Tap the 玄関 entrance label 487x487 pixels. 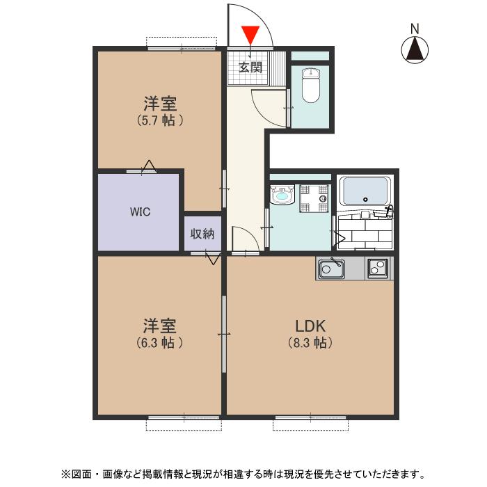pyautogui.click(x=250, y=67)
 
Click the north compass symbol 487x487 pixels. pyautogui.click(x=415, y=49)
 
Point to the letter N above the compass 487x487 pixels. pyautogui.click(x=415, y=29)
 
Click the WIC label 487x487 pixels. pyautogui.click(x=140, y=211)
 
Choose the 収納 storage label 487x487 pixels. pyautogui.click(x=202, y=234)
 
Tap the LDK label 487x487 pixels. pyautogui.click(x=310, y=326)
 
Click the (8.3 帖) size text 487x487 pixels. pyautogui.click(x=310, y=343)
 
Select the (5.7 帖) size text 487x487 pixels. pyautogui.click(x=159, y=120)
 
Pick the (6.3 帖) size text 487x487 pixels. pyautogui.click(x=159, y=343)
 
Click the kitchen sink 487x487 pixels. pyautogui.click(x=331, y=269)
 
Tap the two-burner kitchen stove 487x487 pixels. pyautogui.click(x=378, y=268)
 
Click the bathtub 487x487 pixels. pyautogui.click(x=365, y=191)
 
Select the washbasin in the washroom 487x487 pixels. pyautogui.click(x=282, y=195)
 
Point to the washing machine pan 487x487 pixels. pyautogui.click(x=314, y=198)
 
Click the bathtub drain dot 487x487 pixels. pyautogui.click(x=365, y=200)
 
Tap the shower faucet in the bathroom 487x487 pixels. pyautogui.click(x=389, y=211)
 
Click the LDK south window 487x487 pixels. pyautogui.click(x=310, y=417)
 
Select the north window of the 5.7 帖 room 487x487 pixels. pyautogui.click(x=182, y=48)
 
